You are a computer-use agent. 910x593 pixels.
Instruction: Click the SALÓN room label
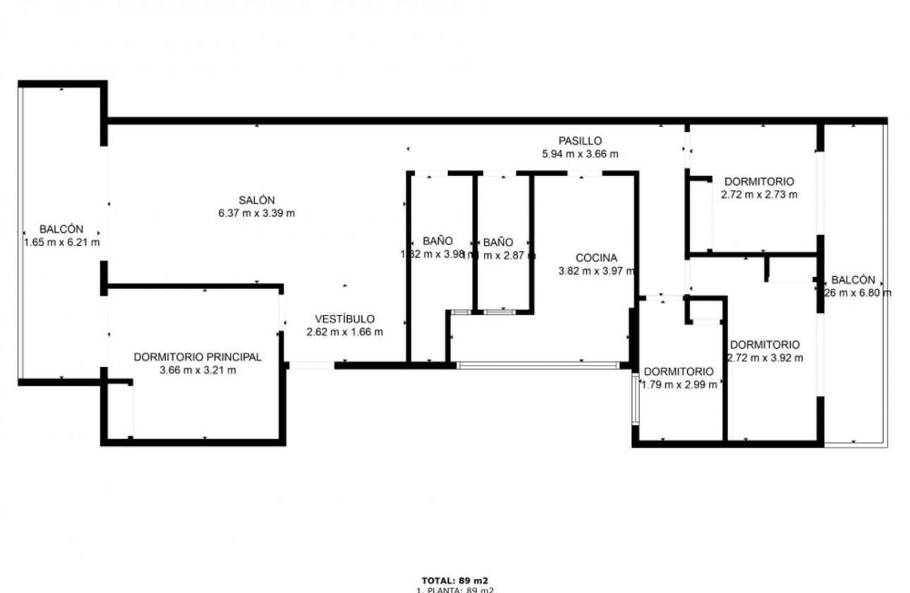click(x=257, y=200)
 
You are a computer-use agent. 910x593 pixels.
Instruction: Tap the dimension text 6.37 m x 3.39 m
click(x=257, y=212)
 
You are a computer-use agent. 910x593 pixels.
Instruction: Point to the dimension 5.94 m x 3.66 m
click(x=580, y=154)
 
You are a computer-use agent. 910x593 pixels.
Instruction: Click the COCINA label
click(x=596, y=258)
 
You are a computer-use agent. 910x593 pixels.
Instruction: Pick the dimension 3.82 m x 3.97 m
click(x=596, y=270)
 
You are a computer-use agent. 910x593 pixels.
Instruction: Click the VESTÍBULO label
click(x=344, y=319)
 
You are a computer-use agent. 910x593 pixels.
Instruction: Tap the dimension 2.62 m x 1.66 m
click(x=344, y=332)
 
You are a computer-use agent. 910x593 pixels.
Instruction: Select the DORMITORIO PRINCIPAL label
click(x=198, y=357)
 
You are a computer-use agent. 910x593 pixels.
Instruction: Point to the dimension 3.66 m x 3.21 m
click(x=198, y=370)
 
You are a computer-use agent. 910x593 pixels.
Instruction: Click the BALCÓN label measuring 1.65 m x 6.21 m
click(x=61, y=229)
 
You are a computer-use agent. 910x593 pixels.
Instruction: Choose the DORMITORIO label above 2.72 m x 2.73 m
click(x=759, y=181)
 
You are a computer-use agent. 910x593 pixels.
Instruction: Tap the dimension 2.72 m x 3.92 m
click(x=765, y=357)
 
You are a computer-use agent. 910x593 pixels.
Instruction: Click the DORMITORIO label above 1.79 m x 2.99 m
click(x=679, y=371)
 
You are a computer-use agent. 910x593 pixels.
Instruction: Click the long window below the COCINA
click(x=538, y=366)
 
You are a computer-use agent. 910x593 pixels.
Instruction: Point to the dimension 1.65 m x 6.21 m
click(x=61, y=242)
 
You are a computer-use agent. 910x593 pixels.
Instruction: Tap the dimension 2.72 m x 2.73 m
click(x=759, y=194)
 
